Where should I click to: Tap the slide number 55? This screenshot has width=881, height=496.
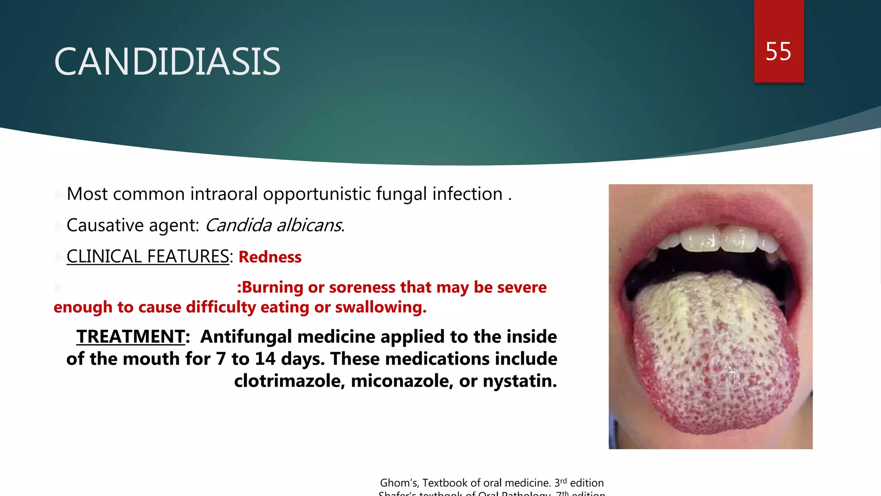[778, 52]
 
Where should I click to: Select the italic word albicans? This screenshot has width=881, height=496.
[309, 225]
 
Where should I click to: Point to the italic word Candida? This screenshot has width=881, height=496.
[238, 225]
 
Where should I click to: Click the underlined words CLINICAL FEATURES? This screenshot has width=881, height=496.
[148, 257]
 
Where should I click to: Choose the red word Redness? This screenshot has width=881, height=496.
[270, 257]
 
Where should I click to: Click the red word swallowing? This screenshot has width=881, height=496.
[380, 307]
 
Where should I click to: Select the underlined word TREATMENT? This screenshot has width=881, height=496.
[131, 337]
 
